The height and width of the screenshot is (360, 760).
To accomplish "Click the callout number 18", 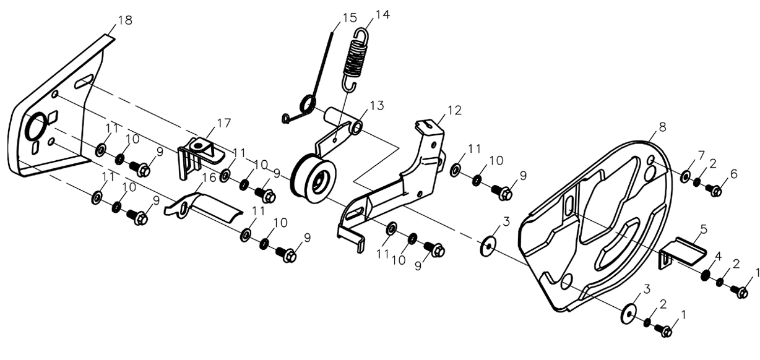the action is tap(124, 20).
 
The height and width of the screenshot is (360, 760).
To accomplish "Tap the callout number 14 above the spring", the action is tap(382, 15).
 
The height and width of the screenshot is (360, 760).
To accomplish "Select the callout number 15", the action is tap(350, 17).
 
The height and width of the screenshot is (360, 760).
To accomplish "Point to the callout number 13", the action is tap(377, 105).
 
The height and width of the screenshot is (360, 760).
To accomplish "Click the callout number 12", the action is tap(454, 110).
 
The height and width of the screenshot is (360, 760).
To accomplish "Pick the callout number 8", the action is tap(662, 127).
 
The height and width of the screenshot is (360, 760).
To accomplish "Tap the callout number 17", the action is tap(223, 122).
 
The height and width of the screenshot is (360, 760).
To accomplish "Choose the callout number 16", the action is tap(209, 178).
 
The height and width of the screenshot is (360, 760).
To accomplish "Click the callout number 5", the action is tap(704, 229).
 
